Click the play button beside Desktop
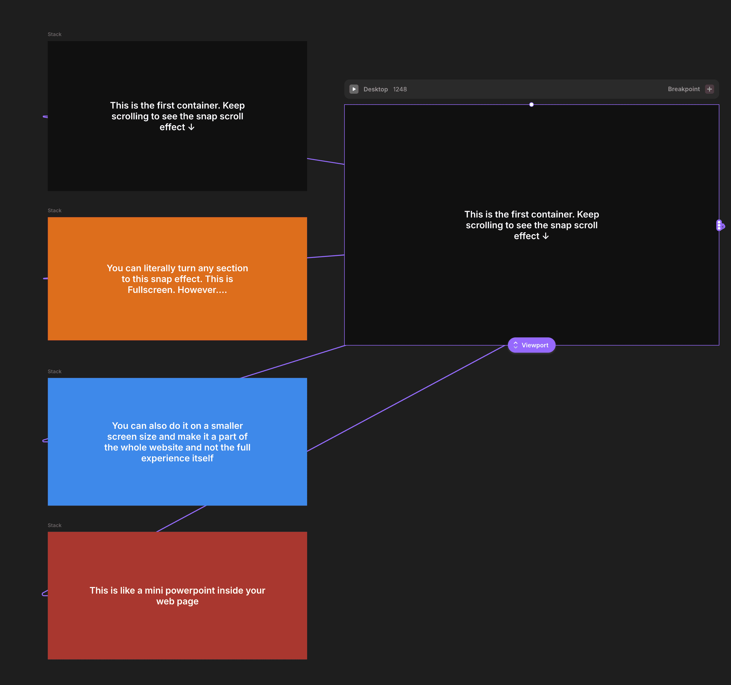click(354, 89)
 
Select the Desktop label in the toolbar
click(375, 89)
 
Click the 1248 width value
click(400, 89)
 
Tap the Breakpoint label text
click(684, 89)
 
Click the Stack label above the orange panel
click(54, 210)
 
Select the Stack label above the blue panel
click(54, 371)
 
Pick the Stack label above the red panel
click(54, 525)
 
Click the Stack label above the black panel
click(54, 34)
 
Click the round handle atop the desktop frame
click(531, 105)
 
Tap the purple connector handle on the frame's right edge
click(720, 225)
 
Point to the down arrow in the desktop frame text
click(546, 236)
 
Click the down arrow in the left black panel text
click(191, 127)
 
